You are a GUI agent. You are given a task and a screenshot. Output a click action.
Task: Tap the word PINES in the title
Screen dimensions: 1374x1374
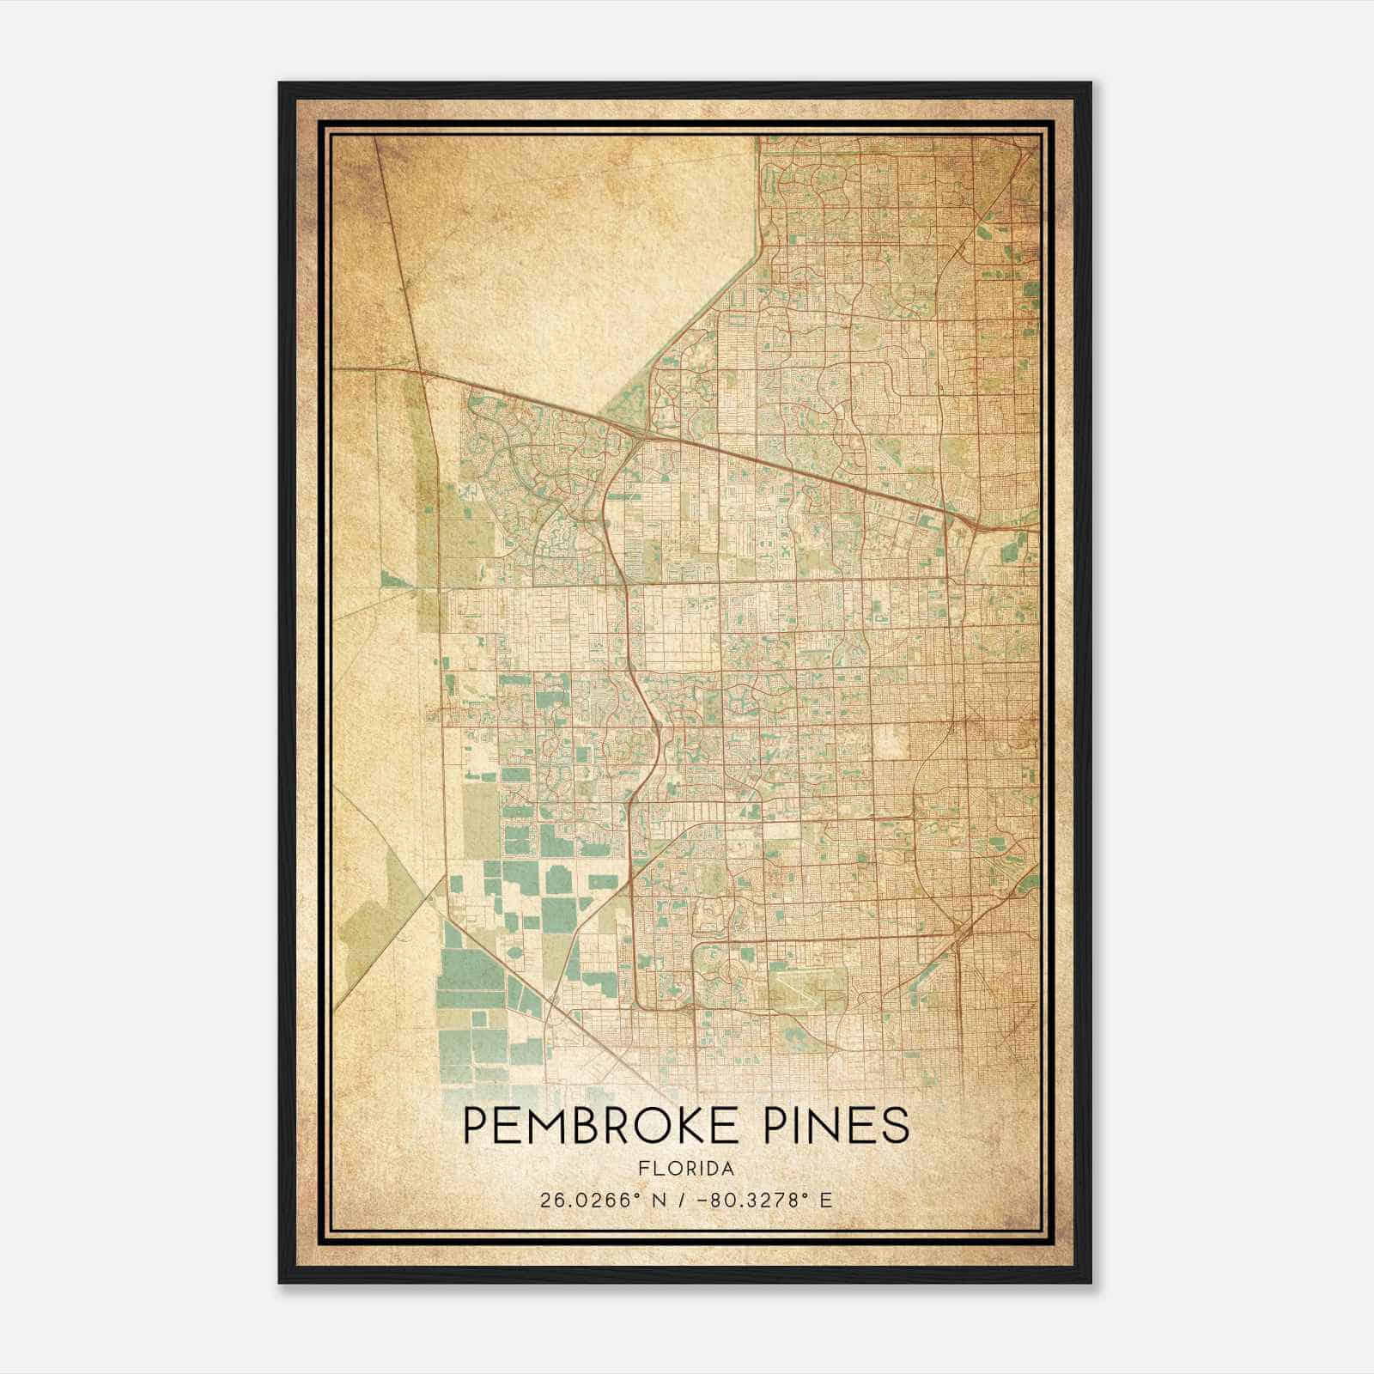[837, 1125]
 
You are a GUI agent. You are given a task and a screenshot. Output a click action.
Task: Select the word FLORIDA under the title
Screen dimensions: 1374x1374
[686, 1169]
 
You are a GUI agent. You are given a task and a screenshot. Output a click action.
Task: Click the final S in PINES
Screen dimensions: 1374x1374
[894, 1125]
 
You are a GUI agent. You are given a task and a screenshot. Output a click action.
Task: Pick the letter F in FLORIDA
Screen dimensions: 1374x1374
[642, 1169]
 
